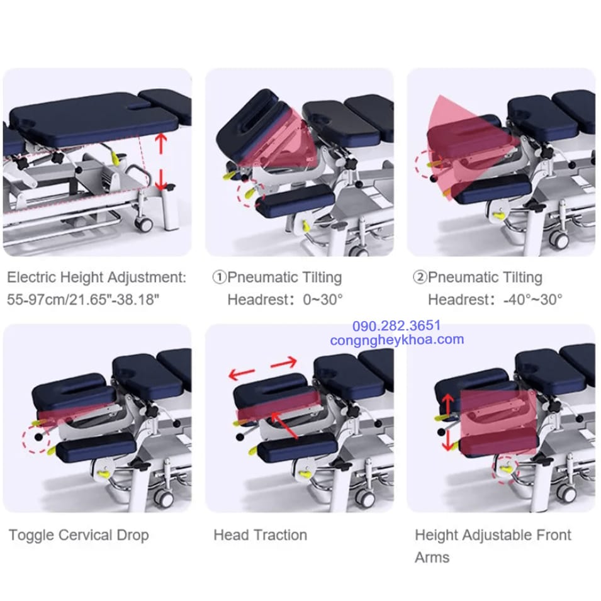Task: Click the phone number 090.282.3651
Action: click(x=396, y=326)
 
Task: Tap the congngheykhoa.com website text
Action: click(x=397, y=340)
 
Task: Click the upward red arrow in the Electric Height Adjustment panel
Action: click(x=161, y=143)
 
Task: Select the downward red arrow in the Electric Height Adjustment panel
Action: click(x=161, y=179)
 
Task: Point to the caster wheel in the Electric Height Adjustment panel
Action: click(x=143, y=223)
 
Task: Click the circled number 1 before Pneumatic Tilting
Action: click(x=220, y=277)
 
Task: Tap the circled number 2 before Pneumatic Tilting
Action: click(x=420, y=277)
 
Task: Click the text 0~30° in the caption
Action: click(x=322, y=300)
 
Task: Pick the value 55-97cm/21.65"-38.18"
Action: click(x=83, y=300)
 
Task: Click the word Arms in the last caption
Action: click(x=432, y=558)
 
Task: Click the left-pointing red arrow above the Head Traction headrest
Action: click(x=242, y=373)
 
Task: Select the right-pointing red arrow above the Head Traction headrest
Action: click(x=284, y=362)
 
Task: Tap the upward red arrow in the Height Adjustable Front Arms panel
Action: click(x=447, y=405)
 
